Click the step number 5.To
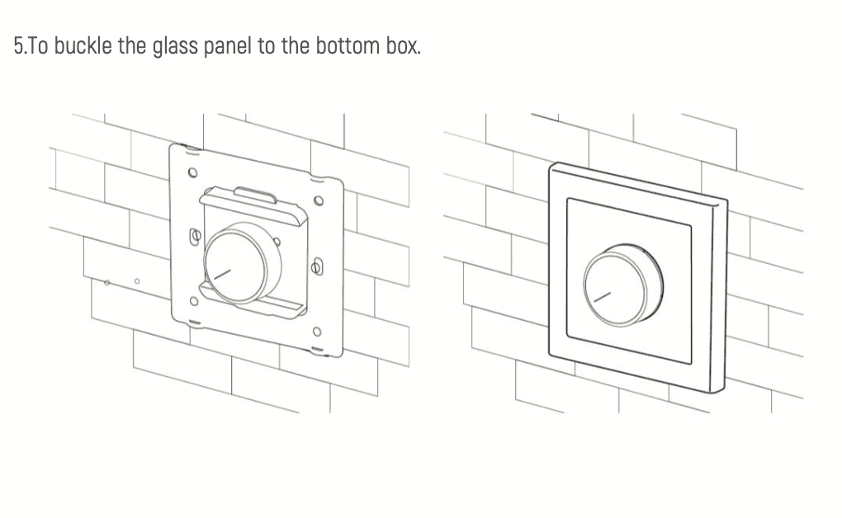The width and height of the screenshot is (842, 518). pos(31,45)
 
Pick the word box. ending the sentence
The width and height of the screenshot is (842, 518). pos(403,45)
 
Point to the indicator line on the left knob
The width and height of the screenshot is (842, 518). pos(222,274)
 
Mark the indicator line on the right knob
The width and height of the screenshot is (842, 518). pos(603,298)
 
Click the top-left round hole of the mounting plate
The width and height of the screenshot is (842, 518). pos(192,173)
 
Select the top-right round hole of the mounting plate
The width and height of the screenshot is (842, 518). pos(319,201)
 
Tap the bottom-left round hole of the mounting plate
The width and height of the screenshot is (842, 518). pos(194,301)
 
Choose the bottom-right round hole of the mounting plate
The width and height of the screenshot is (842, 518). pos(317,332)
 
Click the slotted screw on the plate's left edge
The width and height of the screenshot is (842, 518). pos(196,236)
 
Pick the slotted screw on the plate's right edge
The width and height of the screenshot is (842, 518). pos(318,266)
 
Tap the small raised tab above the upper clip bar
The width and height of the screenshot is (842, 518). pos(256,195)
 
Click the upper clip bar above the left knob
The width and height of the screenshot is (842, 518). pos(253,207)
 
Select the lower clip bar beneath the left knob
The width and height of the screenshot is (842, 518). pos(253,300)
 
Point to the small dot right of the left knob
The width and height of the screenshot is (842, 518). pos(277,242)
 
